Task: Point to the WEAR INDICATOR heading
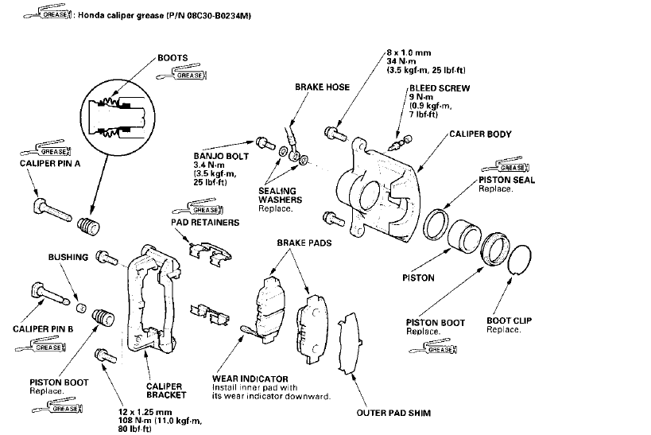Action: click(x=250, y=378)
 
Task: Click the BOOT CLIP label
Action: click(x=510, y=320)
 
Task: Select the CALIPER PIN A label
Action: click(x=49, y=163)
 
